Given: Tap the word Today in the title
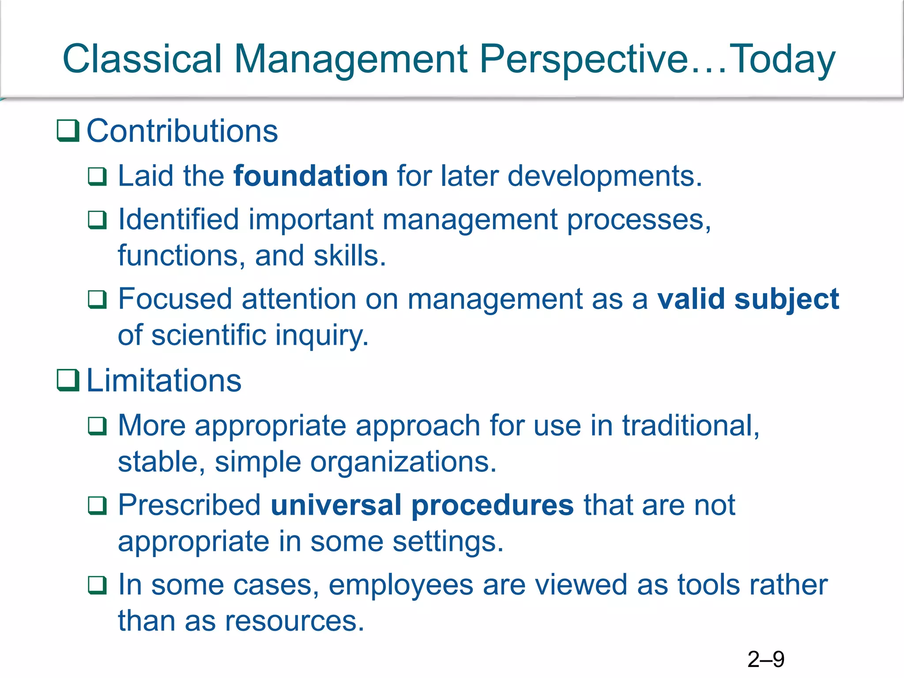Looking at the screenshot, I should [782, 60].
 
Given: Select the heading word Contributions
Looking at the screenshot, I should [182, 131].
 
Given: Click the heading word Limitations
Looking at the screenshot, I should [164, 380].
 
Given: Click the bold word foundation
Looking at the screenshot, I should [310, 176].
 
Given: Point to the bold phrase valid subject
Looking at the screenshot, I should [748, 299].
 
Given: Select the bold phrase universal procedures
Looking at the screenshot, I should [422, 505].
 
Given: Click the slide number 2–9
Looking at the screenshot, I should [765, 659].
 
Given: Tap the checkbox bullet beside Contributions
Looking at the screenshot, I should [68, 131].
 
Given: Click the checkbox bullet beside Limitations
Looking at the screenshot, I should [68, 380].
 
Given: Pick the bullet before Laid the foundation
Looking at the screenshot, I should [97, 177].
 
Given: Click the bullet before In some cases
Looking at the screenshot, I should [97, 585].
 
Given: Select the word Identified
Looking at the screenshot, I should [178, 219].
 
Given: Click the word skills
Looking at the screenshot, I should [349, 256].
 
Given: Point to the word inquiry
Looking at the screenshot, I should [322, 335].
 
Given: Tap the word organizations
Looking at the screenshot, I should [403, 462].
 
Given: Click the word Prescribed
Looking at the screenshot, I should [189, 505].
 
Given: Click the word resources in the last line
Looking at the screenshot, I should [294, 621].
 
